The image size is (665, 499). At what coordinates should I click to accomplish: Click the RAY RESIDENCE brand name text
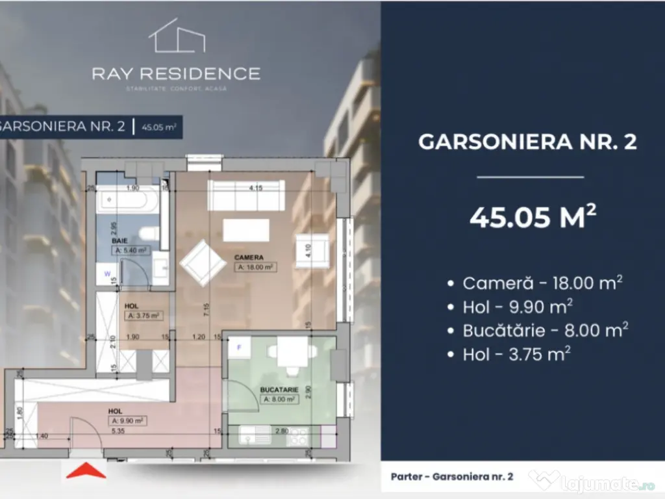pos(176,73)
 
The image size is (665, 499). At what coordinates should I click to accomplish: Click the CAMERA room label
pos(249,257)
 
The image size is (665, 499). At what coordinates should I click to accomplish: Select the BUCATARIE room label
pos(280,390)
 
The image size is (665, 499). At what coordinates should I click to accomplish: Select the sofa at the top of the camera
pos(245,196)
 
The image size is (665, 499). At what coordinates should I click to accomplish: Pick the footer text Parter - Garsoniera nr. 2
pos(452,476)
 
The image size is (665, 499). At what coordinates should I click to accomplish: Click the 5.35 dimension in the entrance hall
pos(118,431)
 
